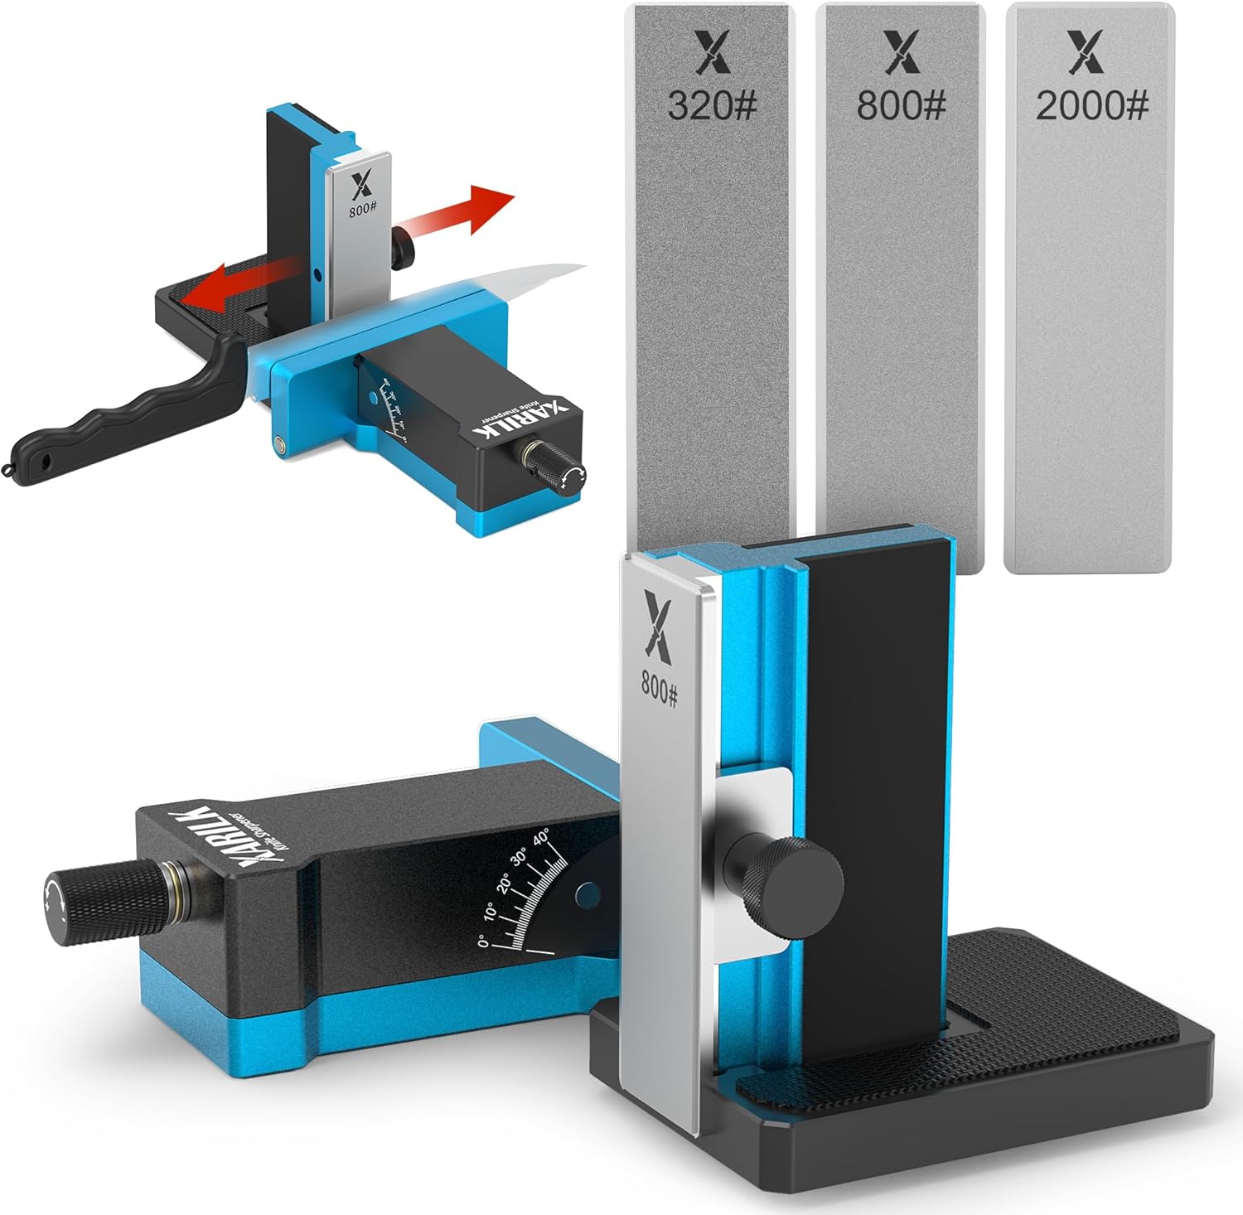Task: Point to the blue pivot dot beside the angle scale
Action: (588, 893)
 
